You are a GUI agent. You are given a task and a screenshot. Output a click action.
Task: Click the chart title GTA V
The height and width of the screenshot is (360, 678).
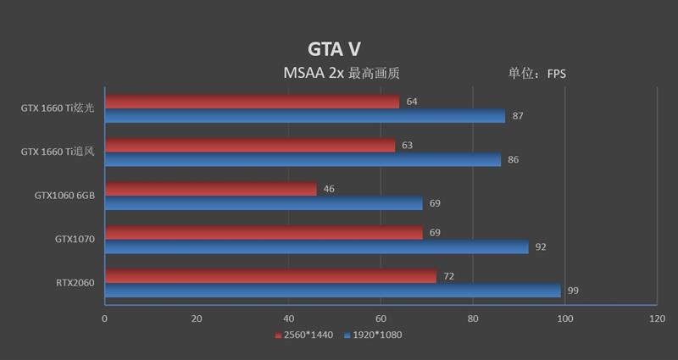[334, 49]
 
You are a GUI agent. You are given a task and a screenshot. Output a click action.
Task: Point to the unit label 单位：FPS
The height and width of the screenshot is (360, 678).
[536, 74]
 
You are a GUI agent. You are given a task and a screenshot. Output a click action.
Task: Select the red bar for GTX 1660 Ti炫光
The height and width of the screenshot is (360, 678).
[252, 102]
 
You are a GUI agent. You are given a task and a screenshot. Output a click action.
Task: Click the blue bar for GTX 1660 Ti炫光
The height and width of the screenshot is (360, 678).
[305, 116]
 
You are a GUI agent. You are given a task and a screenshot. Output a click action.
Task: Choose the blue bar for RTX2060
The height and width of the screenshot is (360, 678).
[332, 291]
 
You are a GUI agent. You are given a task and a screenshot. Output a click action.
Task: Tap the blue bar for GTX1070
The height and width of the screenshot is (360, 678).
[316, 246]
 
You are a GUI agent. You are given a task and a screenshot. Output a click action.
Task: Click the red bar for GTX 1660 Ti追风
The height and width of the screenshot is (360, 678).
[249, 146]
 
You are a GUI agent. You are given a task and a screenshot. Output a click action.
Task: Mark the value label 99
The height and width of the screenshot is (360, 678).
[573, 291]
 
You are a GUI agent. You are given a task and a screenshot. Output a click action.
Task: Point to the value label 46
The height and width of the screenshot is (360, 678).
[329, 189]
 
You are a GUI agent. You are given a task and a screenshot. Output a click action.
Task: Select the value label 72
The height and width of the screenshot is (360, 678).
[449, 276]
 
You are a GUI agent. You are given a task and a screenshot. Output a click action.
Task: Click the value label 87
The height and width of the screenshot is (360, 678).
[518, 116]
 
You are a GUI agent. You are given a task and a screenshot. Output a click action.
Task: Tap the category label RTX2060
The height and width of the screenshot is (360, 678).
[75, 283]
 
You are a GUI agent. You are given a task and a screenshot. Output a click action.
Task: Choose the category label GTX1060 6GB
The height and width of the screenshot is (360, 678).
[64, 196]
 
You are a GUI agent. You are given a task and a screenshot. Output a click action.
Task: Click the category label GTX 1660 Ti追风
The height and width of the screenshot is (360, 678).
[58, 152]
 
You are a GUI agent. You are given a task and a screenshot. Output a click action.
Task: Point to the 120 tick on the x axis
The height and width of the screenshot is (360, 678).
[657, 318]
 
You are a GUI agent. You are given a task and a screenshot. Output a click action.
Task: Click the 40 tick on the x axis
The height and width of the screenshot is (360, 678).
[289, 318]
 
